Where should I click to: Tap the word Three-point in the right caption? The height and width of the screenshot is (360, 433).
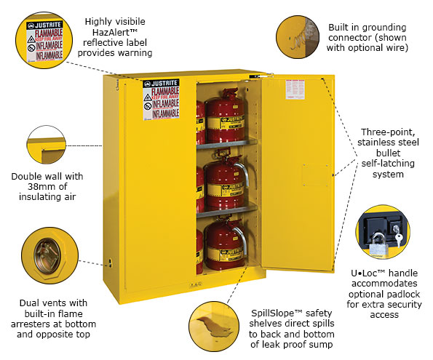click(x=386, y=132)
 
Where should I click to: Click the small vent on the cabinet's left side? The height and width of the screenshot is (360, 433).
click(x=111, y=259)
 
